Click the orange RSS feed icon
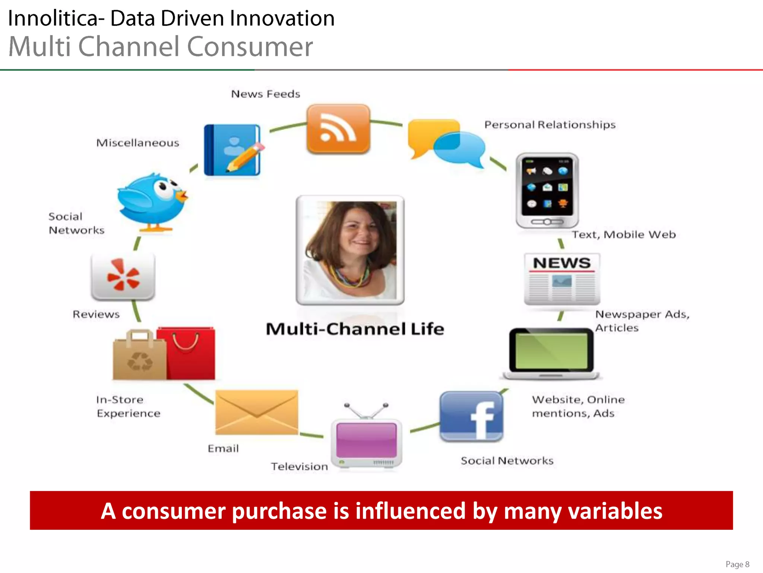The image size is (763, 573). click(x=338, y=129)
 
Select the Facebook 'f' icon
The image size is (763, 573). click(x=471, y=416)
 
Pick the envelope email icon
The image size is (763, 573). click(x=257, y=412)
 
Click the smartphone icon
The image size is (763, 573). click(x=547, y=190)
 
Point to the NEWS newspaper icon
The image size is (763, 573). click(x=562, y=278)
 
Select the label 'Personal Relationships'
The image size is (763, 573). click(x=550, y=125)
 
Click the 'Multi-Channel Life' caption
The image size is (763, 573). click(x=355, y=329)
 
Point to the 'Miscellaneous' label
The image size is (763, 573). click(x=138, y=143)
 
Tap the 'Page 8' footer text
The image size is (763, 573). click(x=737, y=564)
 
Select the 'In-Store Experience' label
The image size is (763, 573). click(x=128, y=407)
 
